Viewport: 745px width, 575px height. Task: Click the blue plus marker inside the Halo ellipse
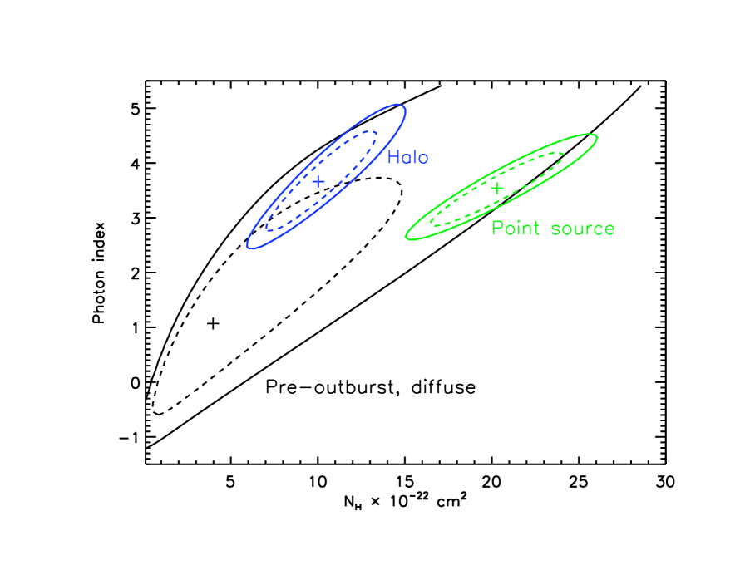[318, 181]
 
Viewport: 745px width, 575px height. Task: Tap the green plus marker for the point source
[496, 189]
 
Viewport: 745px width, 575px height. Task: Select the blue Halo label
[407, 157]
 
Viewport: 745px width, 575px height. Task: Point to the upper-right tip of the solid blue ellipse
[403, 106]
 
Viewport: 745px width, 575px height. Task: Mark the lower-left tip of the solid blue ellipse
[249, 246]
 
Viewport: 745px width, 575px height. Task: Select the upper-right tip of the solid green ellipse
[595, 136]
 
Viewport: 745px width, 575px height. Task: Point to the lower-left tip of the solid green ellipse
[407, 238]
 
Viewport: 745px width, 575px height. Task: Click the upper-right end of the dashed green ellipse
[562, 155]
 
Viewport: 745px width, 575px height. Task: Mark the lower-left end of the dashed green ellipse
[432, 223]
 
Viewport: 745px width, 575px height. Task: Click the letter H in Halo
[393, 157]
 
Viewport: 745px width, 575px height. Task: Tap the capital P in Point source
[497, 228]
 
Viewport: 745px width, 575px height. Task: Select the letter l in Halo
[415, 157]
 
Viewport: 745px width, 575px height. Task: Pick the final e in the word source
[609, 229]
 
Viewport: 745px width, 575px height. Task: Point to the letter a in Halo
[406, 158]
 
